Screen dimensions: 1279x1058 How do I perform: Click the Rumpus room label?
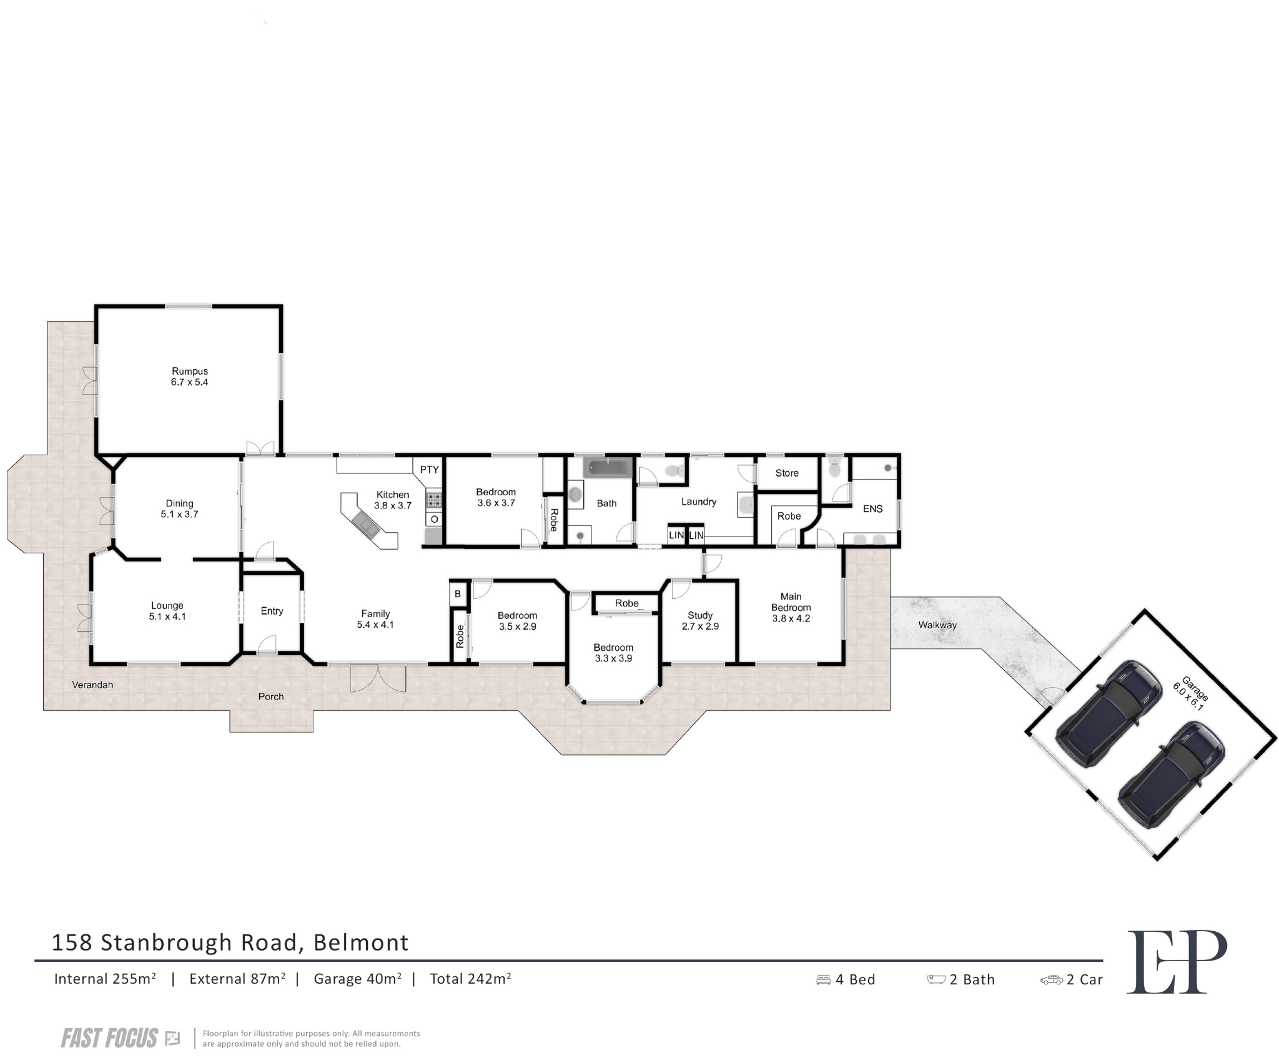[189, 377]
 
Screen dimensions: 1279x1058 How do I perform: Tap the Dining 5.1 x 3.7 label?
[179, 508]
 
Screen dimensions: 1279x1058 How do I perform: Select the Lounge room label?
[167, 611]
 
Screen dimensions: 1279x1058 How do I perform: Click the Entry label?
[272, 611]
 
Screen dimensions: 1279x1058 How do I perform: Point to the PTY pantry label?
[429, 470]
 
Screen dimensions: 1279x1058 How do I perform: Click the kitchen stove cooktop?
[434, 500]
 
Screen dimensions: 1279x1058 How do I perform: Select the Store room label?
[787, 473]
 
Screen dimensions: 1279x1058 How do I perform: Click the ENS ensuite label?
[872, 508]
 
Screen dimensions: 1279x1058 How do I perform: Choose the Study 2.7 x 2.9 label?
[700, 620]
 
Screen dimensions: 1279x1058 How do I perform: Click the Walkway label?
[937, 625]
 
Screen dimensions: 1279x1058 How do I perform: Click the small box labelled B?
[458, 594]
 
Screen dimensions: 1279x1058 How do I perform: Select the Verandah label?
[92, 685]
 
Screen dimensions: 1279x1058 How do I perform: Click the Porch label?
[271, 696]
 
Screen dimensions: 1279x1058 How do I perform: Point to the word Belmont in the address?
[361, 942]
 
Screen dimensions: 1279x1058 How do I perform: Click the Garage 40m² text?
[357, 979]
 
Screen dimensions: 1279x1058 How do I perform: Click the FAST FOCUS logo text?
[109, 1039]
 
